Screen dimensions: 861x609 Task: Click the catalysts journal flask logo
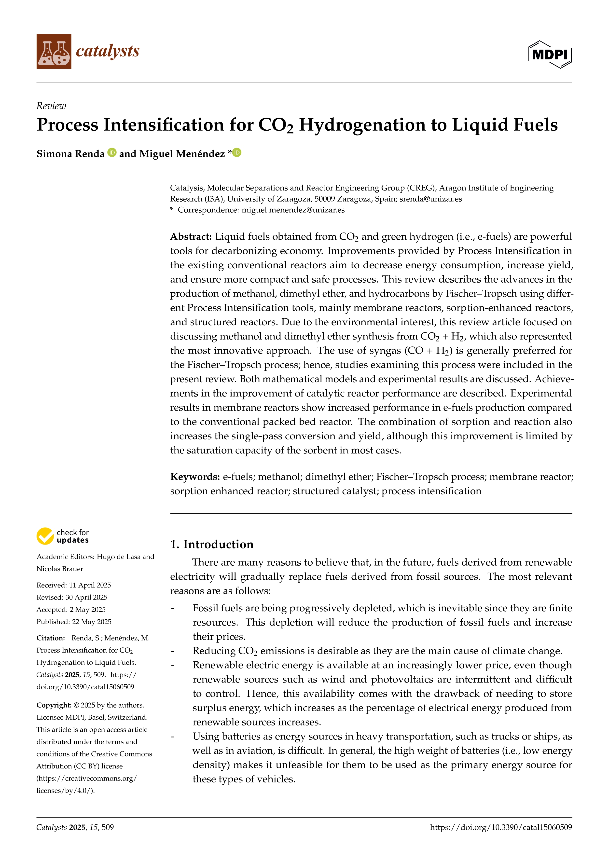(54, 51)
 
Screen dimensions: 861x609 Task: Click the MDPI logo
(550, 54)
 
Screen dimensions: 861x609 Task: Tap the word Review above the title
(51, 106)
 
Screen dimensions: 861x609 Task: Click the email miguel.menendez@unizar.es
(293, 210)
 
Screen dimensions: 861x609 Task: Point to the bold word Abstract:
(191, 237)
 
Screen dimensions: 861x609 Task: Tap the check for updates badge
(63, 536)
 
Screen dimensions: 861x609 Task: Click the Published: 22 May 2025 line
(74, 622)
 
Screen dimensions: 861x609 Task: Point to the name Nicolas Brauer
(60, 569)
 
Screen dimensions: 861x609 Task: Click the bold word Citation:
(51, 638)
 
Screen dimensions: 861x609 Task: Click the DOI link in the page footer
(501, 827)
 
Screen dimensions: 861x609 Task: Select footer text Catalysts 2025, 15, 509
(75, 827)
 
